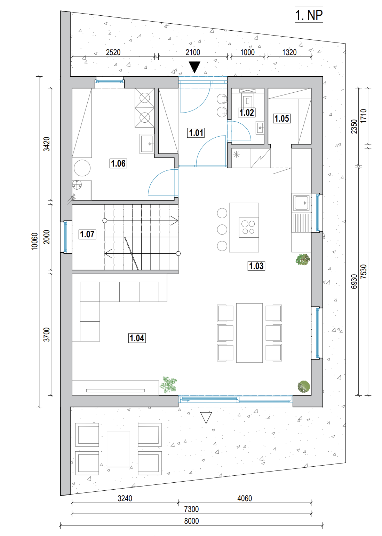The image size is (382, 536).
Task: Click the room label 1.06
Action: [118, 163]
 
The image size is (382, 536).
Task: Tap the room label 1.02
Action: [247, 112]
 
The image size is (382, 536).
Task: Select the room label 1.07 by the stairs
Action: [87, 234]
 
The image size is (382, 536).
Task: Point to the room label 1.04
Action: [137, 338]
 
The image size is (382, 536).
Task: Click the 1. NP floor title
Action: [309, 15]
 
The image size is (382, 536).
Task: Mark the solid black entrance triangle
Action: [194, 67]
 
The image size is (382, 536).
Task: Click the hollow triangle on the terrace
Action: [206, 418]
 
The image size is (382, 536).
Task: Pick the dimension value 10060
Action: [35, 242]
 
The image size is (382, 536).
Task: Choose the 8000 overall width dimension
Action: [191, 521]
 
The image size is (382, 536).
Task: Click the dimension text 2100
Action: [193, 52]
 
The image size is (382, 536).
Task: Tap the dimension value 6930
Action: [354, 281]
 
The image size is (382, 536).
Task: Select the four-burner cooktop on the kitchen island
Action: [249, 227]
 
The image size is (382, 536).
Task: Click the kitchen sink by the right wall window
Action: [301, 203]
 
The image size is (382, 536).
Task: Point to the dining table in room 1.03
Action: [249, 333]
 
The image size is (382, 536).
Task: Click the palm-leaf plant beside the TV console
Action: [169, 384]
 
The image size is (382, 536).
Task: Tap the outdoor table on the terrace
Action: [118, 449]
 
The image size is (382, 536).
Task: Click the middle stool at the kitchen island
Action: [222, 229]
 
